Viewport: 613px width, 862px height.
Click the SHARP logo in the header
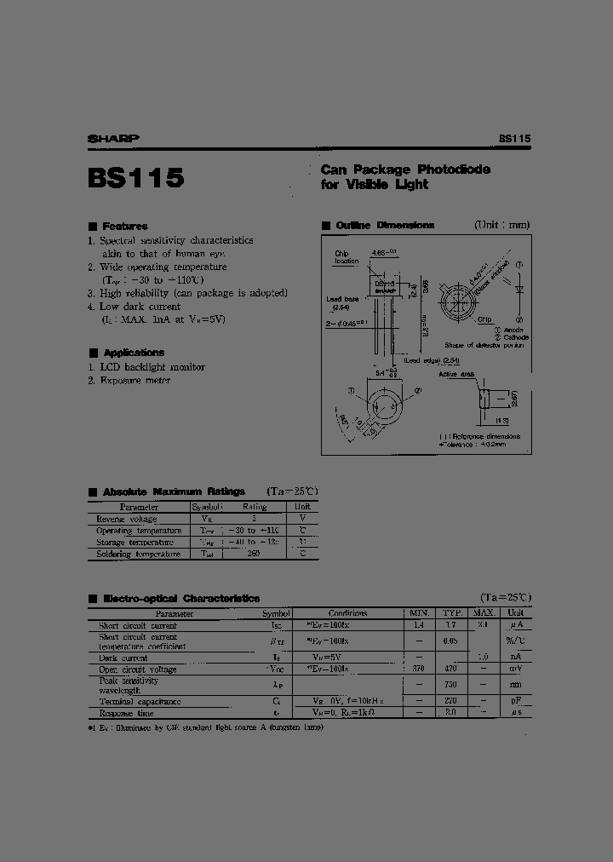point(114,138)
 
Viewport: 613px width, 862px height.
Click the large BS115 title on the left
point(135,178)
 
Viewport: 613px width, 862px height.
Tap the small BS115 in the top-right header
point(514,138)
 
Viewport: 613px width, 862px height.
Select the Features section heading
point(124,226)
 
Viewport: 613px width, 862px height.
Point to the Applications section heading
point(133,352)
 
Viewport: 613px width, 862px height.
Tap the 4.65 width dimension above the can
point(383,252)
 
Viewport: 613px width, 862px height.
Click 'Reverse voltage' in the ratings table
point(127,519)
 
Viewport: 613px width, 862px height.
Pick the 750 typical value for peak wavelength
point(450,684)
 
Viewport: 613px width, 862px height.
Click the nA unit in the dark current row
point(516,658)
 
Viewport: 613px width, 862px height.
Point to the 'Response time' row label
point(126,713)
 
